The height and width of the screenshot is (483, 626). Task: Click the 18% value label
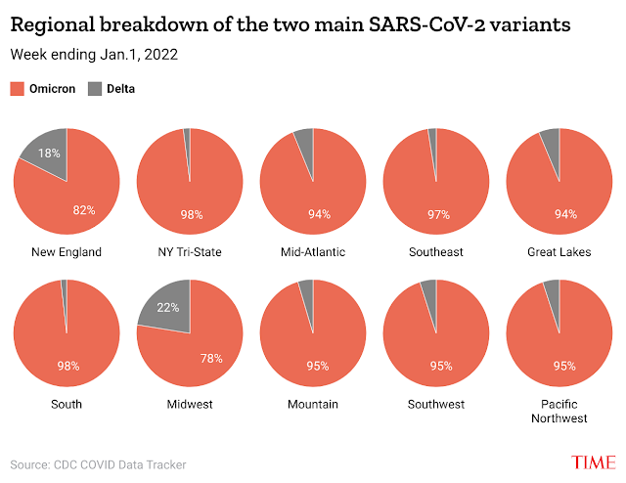click(49, 154)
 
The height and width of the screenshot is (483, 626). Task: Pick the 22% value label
click(168, 309)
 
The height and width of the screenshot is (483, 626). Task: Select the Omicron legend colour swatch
click(18, 89)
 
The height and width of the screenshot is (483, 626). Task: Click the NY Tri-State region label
click(190, 252)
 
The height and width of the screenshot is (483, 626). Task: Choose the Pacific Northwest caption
click(559, 411)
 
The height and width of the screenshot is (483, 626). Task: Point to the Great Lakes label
click(559, 252)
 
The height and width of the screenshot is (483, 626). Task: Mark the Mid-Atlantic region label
click(313, 252)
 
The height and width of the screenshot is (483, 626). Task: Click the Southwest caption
click(436, 404)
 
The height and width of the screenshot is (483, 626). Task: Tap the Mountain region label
click(313, 404)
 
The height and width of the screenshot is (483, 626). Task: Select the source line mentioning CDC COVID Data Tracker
click(98, 464)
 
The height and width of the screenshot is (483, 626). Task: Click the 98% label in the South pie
click(67, 366)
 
